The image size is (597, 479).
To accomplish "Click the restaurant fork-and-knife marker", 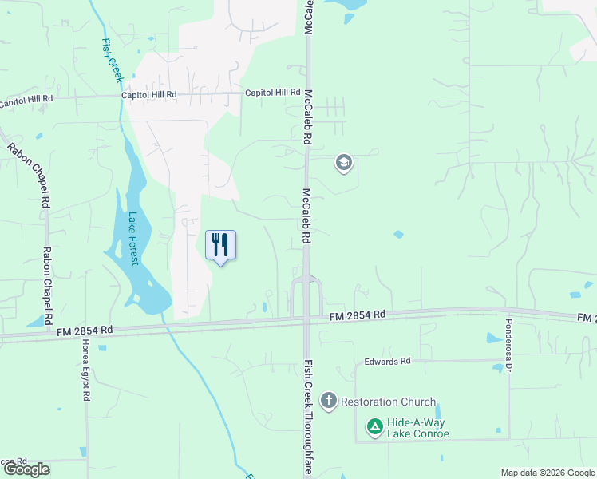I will pos(221,245).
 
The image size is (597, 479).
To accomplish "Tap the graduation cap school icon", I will pos(344,164).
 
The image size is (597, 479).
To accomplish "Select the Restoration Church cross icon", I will pos(328,401).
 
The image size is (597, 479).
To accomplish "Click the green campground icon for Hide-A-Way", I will pos(374,428).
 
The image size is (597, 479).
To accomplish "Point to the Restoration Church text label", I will pos(389,402).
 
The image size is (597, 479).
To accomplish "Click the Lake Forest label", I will pos(133,238).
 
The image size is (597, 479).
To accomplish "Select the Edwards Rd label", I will pos(387,362).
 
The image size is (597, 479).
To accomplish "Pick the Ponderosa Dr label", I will pos(507,344).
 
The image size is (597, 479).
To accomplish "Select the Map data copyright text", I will pos(548,473).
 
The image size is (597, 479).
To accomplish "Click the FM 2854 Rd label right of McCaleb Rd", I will pos(358,316).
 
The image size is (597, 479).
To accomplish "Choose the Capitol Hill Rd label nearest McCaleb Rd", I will pos(272,93).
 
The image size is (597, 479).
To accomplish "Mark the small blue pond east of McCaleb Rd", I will pos(398,235).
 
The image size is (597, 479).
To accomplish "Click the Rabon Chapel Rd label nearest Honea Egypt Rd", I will pos(47,283).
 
